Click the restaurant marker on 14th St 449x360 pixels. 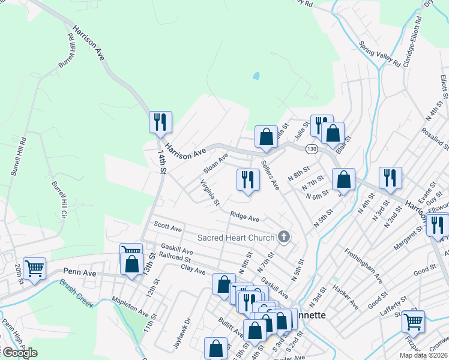pyautogui.click(x=160, y=122)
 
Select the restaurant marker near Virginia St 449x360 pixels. pyautogui.click(x=247, y=179)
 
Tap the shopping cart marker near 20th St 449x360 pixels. pyautogui.click(x=35, y=268)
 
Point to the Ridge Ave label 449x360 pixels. pyautogui.click(x=244, y=217)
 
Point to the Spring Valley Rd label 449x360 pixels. pyautogui.click(x=379, y=53)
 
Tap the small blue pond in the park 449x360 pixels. pyautogui.click(x=256, y=76)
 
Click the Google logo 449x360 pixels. pyautogui.click(x=19, y=352)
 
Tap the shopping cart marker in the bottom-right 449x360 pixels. pyautogui.click(x=413, y=321)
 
